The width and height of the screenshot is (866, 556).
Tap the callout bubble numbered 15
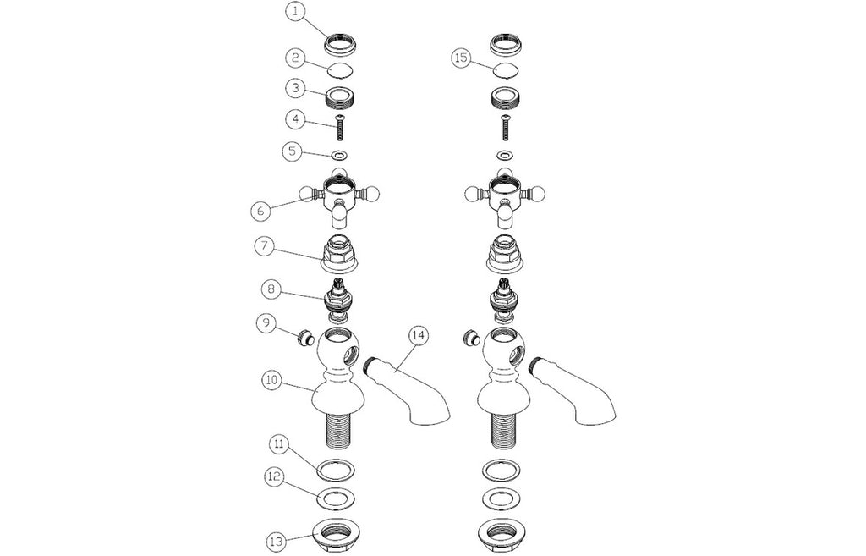(461, 58)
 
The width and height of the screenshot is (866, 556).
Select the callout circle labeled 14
(419, 335)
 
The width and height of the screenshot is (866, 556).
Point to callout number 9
(266, 323)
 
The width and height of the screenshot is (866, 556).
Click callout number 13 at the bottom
(277, 539)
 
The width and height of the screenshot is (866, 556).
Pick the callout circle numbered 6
(260, 210)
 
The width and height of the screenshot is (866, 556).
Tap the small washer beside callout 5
(339, 155)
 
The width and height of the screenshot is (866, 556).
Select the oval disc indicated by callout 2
(339, 71)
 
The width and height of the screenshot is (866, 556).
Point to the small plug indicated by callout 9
(304, 337)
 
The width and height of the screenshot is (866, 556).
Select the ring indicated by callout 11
(337, 470)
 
